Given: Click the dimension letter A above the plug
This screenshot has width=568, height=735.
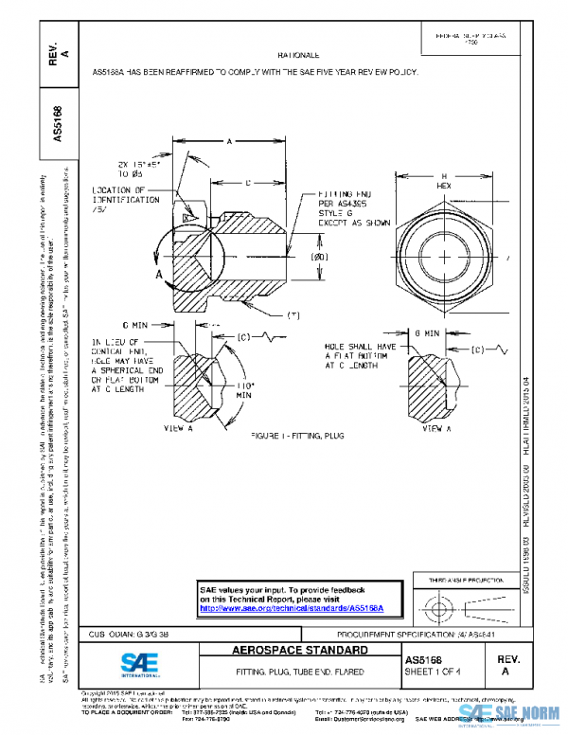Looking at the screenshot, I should click(230, 141).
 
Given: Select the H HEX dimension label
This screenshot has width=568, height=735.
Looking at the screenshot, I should click(444, 181).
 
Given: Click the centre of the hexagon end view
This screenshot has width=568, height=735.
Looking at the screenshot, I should click(444, 257).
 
